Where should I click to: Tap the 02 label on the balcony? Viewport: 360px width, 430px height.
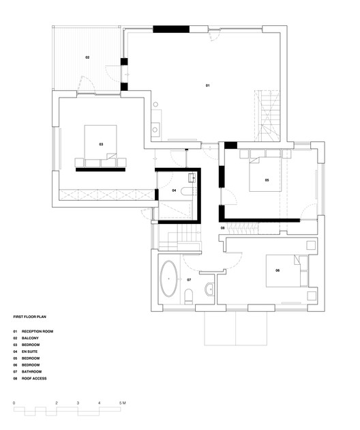point(87,57)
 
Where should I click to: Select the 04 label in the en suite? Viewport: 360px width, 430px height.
point(174,190)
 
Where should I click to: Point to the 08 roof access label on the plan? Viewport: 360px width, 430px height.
point(222,227)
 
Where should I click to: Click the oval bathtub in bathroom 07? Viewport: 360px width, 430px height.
point(168,280)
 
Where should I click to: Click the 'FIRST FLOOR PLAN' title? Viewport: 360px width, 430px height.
point(30,317)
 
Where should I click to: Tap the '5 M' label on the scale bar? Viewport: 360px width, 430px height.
point(123,404)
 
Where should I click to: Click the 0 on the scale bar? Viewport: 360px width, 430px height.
point(14,404)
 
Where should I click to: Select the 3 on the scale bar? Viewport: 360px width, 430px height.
point(78,404)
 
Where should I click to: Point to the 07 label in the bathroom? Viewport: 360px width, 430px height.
point(189,280)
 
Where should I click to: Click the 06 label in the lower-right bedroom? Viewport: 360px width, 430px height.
point(277,271)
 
